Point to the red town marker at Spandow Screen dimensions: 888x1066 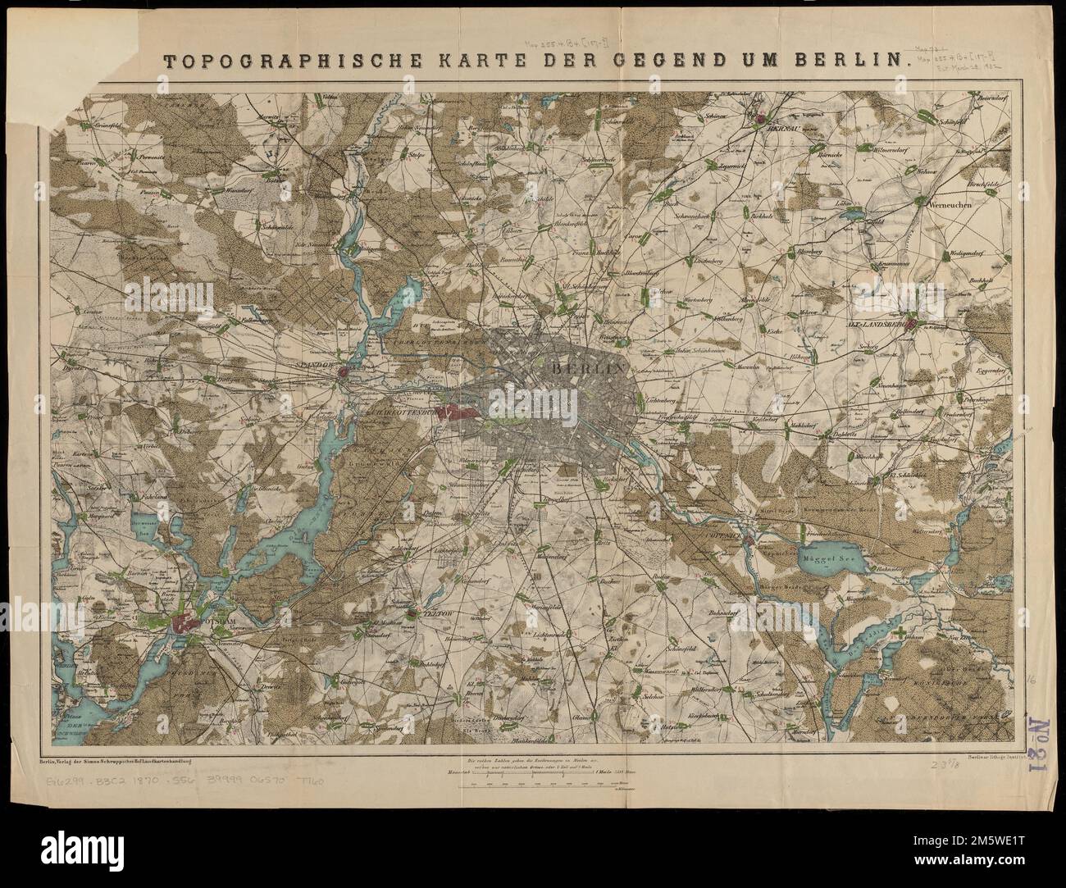(x=344, y=373)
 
